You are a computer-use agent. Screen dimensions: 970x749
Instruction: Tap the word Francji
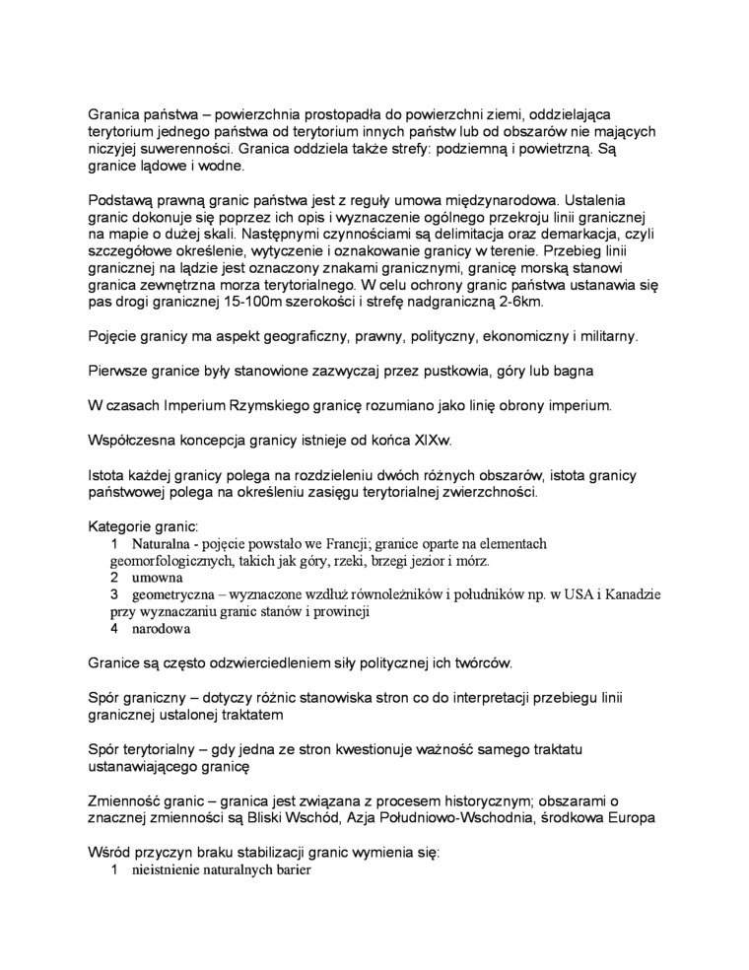tap(312, 543)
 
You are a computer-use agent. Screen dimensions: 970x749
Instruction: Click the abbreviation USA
tap(580, 594)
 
